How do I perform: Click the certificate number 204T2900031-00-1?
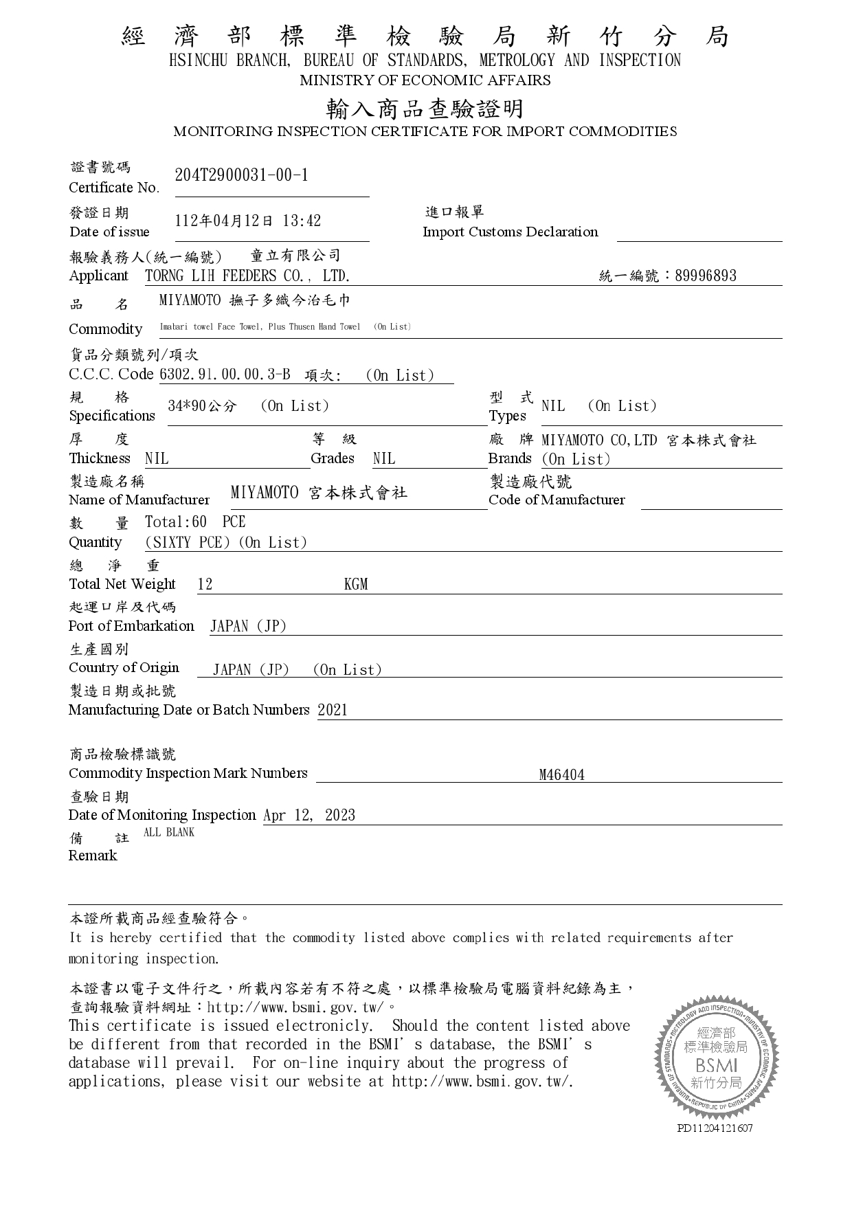click(242, 175)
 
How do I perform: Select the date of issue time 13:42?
click(302, 221)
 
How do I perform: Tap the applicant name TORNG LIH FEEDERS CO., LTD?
click(247, 276)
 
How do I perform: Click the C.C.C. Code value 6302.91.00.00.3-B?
click(225, 375)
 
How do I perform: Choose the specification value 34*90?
click(186, 406)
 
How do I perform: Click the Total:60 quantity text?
click(176, 522)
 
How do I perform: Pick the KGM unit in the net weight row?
click(356, 585)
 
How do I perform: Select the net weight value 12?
click(205, 585)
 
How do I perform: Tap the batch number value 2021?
click(333, 710)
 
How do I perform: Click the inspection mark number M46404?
click(561, 775)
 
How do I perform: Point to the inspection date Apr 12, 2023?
click(309, 816)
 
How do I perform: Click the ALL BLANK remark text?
click(169, 832)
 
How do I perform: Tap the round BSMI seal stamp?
click(717, 1059)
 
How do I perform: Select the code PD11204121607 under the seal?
click(715, 1128)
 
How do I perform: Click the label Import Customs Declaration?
click(510, 232)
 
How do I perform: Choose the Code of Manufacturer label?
click(557, 500)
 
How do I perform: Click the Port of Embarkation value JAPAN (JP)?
click(248, 627)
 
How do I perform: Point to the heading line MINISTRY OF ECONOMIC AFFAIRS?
click(425, 80)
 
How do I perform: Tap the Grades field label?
click(333, 458)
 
